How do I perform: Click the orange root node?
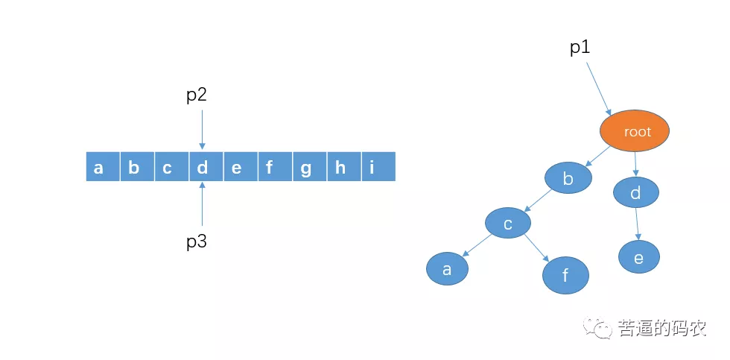click(x=635, y=132)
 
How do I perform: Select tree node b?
click(x=568, y=178)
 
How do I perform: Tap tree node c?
click(x=507, y=223)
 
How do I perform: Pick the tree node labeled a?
click(x=447, y=269)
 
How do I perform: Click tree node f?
click(x=565, y=276)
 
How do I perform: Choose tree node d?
click(x=635, y=193)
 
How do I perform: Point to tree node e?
click(x=638, y=257)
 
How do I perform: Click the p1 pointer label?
click(x=580, y=48)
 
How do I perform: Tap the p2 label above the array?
click(x=196, y=95)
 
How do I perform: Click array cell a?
click(x=99, y=167)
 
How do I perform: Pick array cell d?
click(x=202, y=167)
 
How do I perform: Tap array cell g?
click(x=306, y=167)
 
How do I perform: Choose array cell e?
click(x=237, y=167)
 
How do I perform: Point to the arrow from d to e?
click(x=638, y=224)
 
